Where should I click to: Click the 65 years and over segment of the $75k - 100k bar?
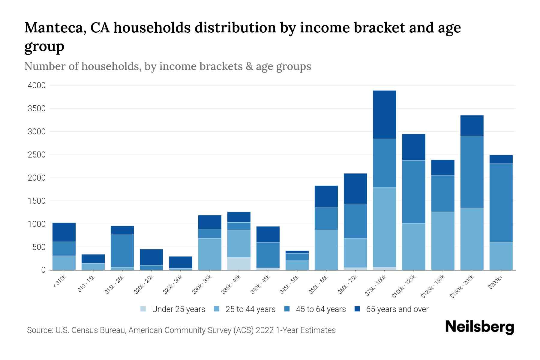click(x=384, y=114)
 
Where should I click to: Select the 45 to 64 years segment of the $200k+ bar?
click(x=501, y=203)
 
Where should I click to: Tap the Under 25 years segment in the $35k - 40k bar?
click(x=239, y=264)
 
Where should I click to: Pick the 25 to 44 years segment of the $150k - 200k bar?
click(x=472, y=239)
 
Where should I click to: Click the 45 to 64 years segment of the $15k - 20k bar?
click(x=122, y=251)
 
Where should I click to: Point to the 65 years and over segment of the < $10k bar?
click(x=64, y=232)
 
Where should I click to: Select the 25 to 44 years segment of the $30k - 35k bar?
click(x=210, y=254)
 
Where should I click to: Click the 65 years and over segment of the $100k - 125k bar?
click(x=413, y=147)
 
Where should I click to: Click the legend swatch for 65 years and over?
click(x=357, y=309)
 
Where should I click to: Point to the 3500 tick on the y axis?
click(x=37, y=109)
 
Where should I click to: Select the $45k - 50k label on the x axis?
click(x=289, y=285)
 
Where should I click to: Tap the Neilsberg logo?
click(x=479, y=327)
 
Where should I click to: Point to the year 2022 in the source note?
click(x=265, y=330)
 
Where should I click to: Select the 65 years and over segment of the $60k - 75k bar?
click(x=355, y=189)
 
